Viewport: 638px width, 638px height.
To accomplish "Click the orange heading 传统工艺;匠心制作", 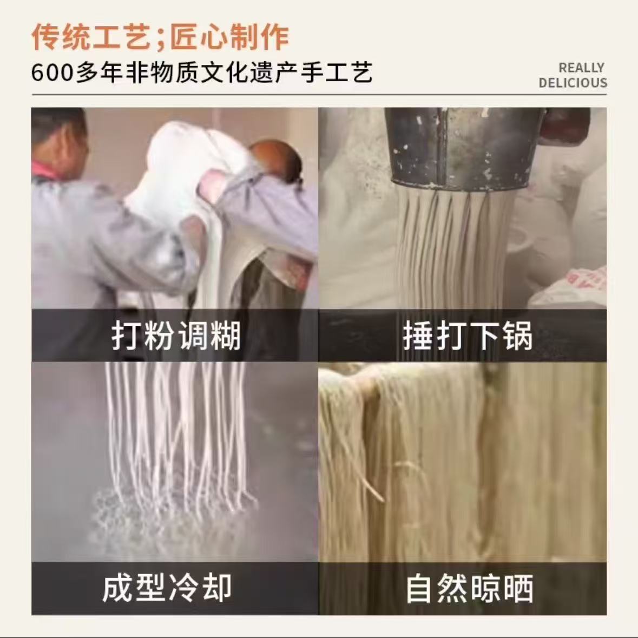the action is (160, 37).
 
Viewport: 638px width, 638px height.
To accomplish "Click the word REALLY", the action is (581, 68).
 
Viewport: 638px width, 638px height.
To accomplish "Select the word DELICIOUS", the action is (573, 83).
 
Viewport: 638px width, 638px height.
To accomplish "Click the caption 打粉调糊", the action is (176, 336).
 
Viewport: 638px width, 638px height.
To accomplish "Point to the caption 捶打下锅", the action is (468, 336).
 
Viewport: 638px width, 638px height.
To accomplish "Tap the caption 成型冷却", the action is (167, 588).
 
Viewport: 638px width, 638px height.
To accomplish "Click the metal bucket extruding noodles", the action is (460, 148).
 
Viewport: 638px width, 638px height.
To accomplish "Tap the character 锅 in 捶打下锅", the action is (517, 336).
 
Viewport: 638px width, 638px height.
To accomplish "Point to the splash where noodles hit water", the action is (171, 517).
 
